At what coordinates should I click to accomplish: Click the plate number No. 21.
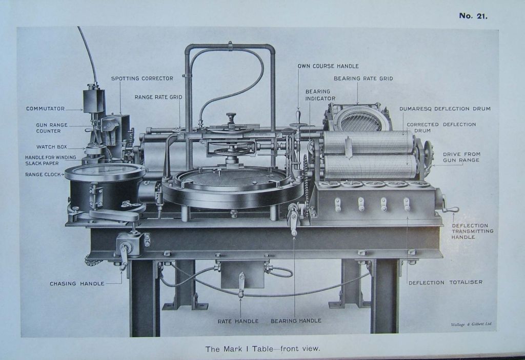[x=473, y=16]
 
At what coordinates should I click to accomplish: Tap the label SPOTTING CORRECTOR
[x=142, y=78]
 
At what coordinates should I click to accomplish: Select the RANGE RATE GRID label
[x=158, y=97]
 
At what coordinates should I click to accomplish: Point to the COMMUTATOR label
[x=45, y=109]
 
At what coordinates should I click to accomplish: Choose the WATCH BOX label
[x=51, y=147]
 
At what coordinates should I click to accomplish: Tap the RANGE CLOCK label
[x=44, y=174]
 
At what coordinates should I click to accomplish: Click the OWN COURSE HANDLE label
[x=328, y=66]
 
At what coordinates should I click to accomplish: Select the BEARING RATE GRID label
[x=363, y=78]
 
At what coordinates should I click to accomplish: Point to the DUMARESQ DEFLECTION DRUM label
[x=445, y=109]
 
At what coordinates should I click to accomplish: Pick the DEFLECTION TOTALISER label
[x=445, y=282]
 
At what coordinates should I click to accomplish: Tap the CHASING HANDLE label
[x=77, y=284]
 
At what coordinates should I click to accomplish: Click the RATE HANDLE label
[x=238, y=321]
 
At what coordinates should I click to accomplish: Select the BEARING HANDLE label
[x=296, y=321]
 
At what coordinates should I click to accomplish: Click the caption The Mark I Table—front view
[x=262, y=349]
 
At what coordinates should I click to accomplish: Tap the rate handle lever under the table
[x=241, y=285]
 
